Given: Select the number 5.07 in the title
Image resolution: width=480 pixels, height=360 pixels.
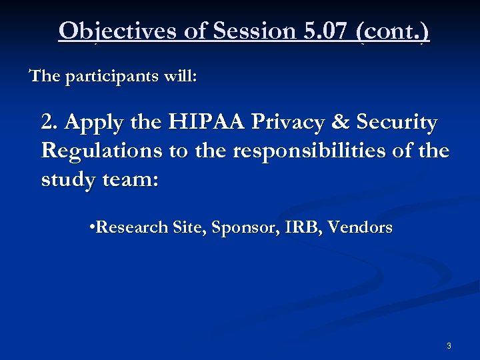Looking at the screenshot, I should click(x=323, y=31).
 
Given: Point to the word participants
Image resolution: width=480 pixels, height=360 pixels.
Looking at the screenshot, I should click(x=116, y=76).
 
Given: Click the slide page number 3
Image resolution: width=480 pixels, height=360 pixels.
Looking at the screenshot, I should click(x=449, y=346).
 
